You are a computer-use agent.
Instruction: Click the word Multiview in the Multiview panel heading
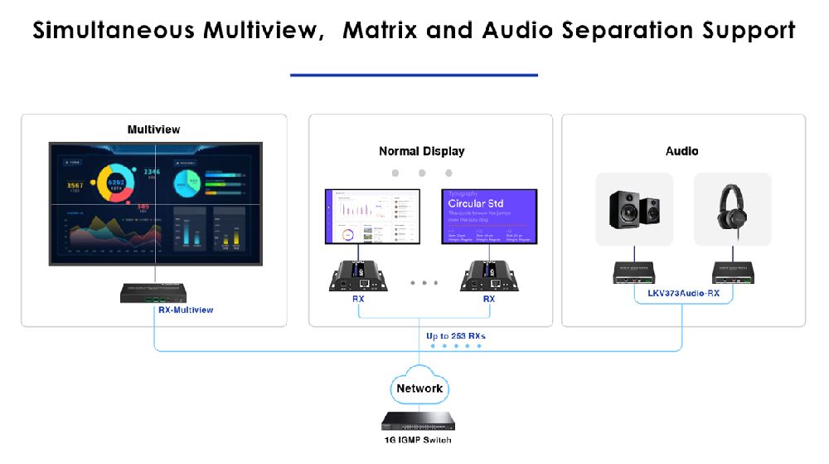tap(153, 129)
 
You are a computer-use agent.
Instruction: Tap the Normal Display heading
tap(421, 151)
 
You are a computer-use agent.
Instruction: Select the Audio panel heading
tap(681, 151)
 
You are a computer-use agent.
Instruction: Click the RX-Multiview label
tap(186, 310)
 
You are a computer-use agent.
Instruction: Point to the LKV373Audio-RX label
tap(683, 293)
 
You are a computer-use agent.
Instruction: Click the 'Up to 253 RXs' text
tap(456, 336)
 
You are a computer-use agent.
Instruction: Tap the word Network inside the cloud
tap(419, 388)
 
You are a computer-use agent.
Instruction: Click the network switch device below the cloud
tap(419, 422)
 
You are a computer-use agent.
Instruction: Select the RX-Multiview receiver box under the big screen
tap(154, 292)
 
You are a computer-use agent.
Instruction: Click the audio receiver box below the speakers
tap(635, 272)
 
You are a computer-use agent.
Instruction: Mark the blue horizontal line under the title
tap(414, 75)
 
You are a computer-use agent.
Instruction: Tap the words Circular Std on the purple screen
tap(476, 203)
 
